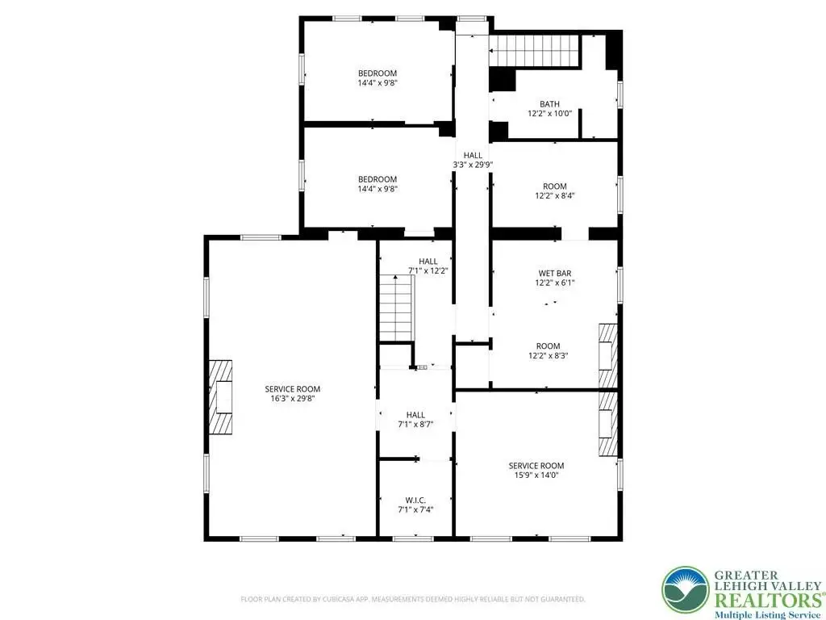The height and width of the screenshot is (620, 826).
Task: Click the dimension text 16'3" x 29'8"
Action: [292, 399]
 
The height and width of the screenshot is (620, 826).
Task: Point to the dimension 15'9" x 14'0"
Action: [536, 475]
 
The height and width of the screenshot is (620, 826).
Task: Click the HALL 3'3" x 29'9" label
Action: [473, 160]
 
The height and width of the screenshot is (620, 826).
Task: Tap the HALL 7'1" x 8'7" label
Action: [415, 419]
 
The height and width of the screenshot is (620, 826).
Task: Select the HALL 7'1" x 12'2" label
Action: [428, 266]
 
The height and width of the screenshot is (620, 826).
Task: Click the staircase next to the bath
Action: [534, 51]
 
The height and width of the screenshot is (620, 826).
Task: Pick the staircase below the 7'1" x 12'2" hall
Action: [397, 308]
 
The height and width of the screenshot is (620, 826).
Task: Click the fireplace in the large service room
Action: [221, 397]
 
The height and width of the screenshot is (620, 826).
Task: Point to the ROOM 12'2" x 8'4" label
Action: [555, 191]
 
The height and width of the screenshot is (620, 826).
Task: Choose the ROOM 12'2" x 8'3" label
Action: [549, 350]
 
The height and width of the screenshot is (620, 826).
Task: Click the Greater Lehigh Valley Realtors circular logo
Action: [686, 589]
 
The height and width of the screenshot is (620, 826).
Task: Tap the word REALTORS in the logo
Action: [766, 601]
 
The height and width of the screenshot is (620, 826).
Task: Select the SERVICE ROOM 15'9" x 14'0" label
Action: [536, 471]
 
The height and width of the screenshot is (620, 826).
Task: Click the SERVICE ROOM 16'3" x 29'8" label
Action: [292, 394]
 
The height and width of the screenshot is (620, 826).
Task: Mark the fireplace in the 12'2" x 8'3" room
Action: [608, 355]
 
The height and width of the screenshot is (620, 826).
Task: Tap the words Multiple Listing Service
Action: [768, 614]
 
